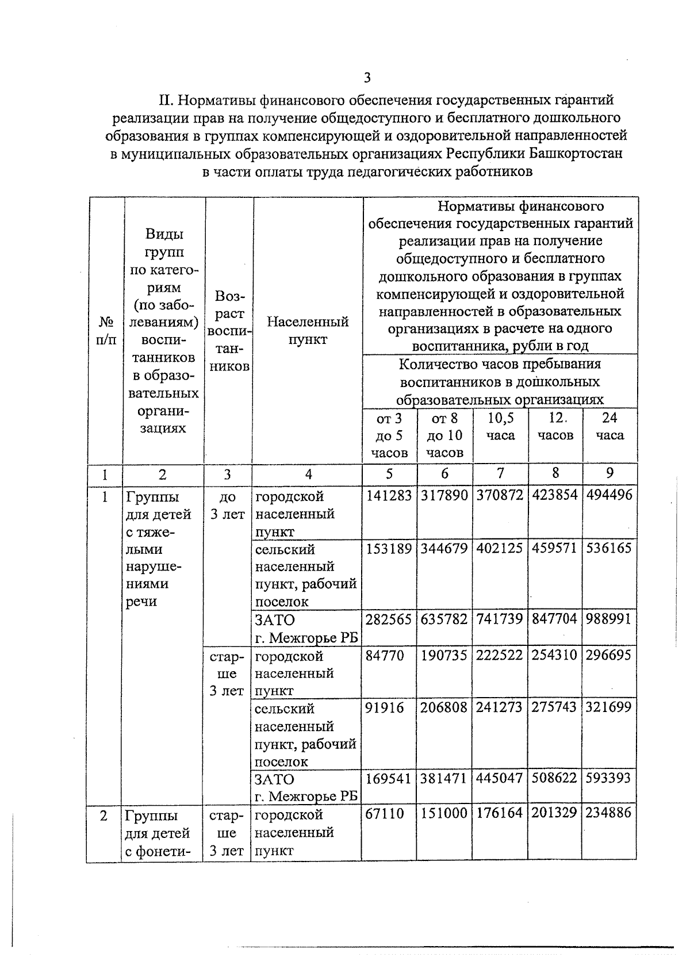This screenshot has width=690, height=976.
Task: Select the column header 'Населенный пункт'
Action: (x=308, y=330)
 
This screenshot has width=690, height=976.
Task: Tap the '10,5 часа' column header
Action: (x=500, y=426)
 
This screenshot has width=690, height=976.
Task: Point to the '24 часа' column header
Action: (x=609, y=426)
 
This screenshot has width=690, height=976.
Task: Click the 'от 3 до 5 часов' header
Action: (x=389, y=435)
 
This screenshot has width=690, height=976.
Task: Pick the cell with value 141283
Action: (x=389, y=495)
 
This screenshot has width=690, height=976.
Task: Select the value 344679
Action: (x=444, y=548)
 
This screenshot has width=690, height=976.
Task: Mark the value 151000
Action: (x=444, y=814)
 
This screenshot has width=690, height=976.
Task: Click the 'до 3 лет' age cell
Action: (x=228, y=505)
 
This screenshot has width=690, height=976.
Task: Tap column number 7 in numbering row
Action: (x=500, y=473)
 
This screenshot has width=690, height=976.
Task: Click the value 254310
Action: (x=555, y=655)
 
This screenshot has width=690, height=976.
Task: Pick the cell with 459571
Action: (x=555, y=548)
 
